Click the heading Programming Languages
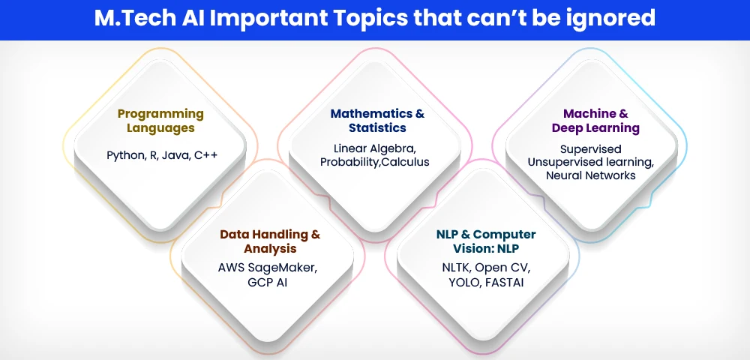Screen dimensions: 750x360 tap(160, 121)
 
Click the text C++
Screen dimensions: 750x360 tap(206, 155)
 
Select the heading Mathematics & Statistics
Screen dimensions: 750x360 tap(377, 121)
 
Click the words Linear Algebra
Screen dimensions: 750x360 tap(375, 148)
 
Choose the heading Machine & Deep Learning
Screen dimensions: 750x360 tap(595, 121)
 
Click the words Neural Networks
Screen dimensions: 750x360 tap(591, 175)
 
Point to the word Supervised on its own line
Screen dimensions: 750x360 tap(591, 149)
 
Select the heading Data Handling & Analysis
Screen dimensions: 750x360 tap(270, 241)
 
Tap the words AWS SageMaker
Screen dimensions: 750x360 tap(268, 268)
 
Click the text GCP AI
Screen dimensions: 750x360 tap(268, 282)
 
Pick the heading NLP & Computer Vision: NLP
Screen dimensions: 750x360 tap(486, 241)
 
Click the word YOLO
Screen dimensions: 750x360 tap(464, 282)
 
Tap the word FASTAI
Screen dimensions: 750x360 tap(504, 282)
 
